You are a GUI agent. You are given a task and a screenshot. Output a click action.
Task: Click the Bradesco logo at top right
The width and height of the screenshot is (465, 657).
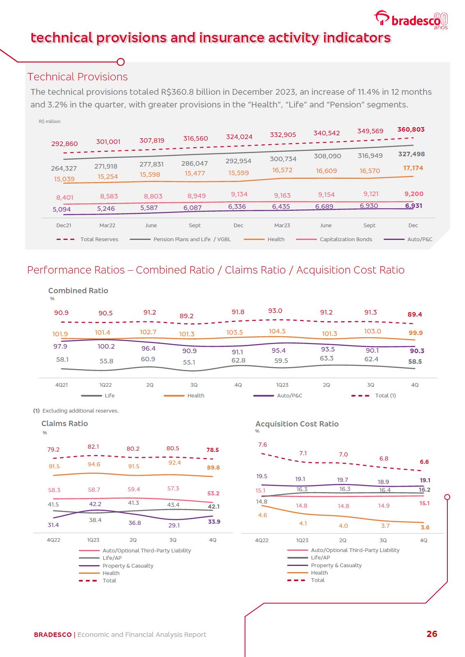pyautogui.click(x=410, y=20)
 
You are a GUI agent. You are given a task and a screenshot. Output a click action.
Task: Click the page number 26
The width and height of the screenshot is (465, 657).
pyautogui.click(x=432, y=634)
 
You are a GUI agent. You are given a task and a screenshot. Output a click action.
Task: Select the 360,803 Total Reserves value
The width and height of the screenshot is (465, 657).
pyautogui.click(x=411, y=130)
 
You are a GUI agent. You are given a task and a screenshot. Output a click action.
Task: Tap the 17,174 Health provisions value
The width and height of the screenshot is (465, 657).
pyautogui.click(x=413, y=168)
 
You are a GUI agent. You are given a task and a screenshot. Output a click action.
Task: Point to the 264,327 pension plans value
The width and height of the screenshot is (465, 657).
pyautogui.click(x=64, y=168)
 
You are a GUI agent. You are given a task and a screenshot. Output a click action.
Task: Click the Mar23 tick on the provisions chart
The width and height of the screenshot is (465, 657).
pyautogui.click(x=282, y=225)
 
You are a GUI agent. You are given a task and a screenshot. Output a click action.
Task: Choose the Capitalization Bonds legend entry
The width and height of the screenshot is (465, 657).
pyautogui.click(x=346, y=240)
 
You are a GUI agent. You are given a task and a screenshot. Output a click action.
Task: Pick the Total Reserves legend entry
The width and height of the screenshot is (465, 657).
pyautogui.click(x=99, y=240)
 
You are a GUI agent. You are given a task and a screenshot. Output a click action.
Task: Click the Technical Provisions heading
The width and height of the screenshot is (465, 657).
pyautogui.click(x=78, y=77)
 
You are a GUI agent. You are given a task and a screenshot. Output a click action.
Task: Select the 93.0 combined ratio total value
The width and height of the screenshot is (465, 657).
pyautogui.click(x=275, y=311)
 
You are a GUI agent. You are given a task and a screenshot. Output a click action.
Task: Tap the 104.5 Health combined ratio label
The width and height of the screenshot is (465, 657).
pyautogui.click(x=277, y=331)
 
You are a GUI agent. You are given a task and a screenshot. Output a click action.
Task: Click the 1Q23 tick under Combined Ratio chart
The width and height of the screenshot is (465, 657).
pyautogui.click(x=282, y=385)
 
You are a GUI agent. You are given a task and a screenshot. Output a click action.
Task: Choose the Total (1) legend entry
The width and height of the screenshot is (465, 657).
pyautogui.click(x=385, y=396)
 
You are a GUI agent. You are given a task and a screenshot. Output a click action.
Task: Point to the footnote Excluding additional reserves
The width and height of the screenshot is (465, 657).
pyautogui.click(x=80, y=411)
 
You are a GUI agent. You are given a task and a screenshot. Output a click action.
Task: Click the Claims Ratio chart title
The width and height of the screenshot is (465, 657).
pyautogui.click(x=64, y=424)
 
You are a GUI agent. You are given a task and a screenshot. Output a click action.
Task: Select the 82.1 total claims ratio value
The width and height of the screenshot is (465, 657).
pyautogui.click(x=93, y=447)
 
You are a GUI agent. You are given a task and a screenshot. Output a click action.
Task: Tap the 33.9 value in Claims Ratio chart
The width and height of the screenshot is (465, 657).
pyautogui.click(x=214, y=522)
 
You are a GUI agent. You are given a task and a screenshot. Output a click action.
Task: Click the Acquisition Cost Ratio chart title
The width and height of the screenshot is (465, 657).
pyautogui.click(x=297, y=424)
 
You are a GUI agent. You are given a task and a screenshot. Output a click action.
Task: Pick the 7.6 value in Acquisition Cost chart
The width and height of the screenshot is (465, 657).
pyautogui.click(x=263, y=445)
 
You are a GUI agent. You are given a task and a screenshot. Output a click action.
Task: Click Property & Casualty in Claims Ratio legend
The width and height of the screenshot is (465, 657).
pyautogui.click(x=128, y=566)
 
